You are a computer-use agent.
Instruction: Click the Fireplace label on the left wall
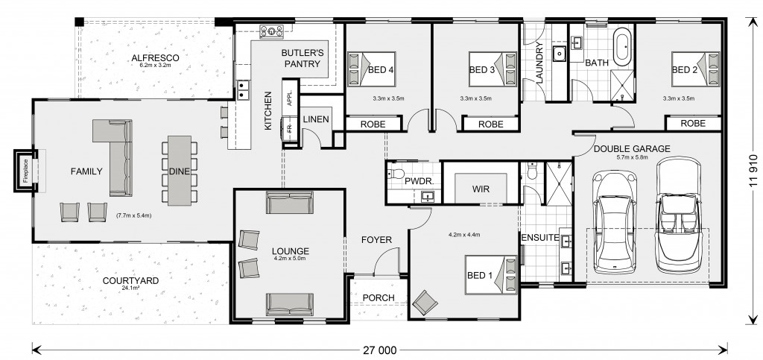26,170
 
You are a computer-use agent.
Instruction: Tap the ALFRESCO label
155,58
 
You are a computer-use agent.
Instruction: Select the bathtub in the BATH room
622,47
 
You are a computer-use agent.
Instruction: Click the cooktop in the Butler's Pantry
271,31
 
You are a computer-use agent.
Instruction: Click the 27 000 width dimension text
379,350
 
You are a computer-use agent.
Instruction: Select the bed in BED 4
371,69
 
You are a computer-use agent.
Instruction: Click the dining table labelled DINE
180,170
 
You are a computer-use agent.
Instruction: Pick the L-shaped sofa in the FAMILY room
115,156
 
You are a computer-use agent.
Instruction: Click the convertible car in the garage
679,215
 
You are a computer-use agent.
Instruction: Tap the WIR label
481,189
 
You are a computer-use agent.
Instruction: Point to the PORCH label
379,297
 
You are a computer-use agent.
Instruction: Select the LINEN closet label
316,119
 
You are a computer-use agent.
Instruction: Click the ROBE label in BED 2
693,124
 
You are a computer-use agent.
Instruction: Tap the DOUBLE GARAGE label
632,149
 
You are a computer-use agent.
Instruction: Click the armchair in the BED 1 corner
425,303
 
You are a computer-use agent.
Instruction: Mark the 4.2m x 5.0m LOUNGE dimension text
291,259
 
